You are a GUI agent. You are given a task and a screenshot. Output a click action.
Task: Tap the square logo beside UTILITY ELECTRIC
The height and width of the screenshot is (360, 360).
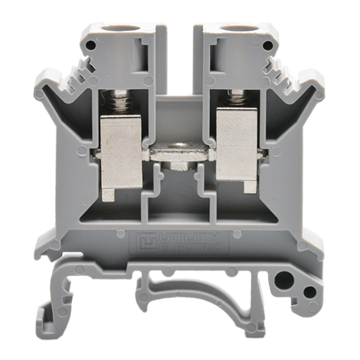tap(146, 243)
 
